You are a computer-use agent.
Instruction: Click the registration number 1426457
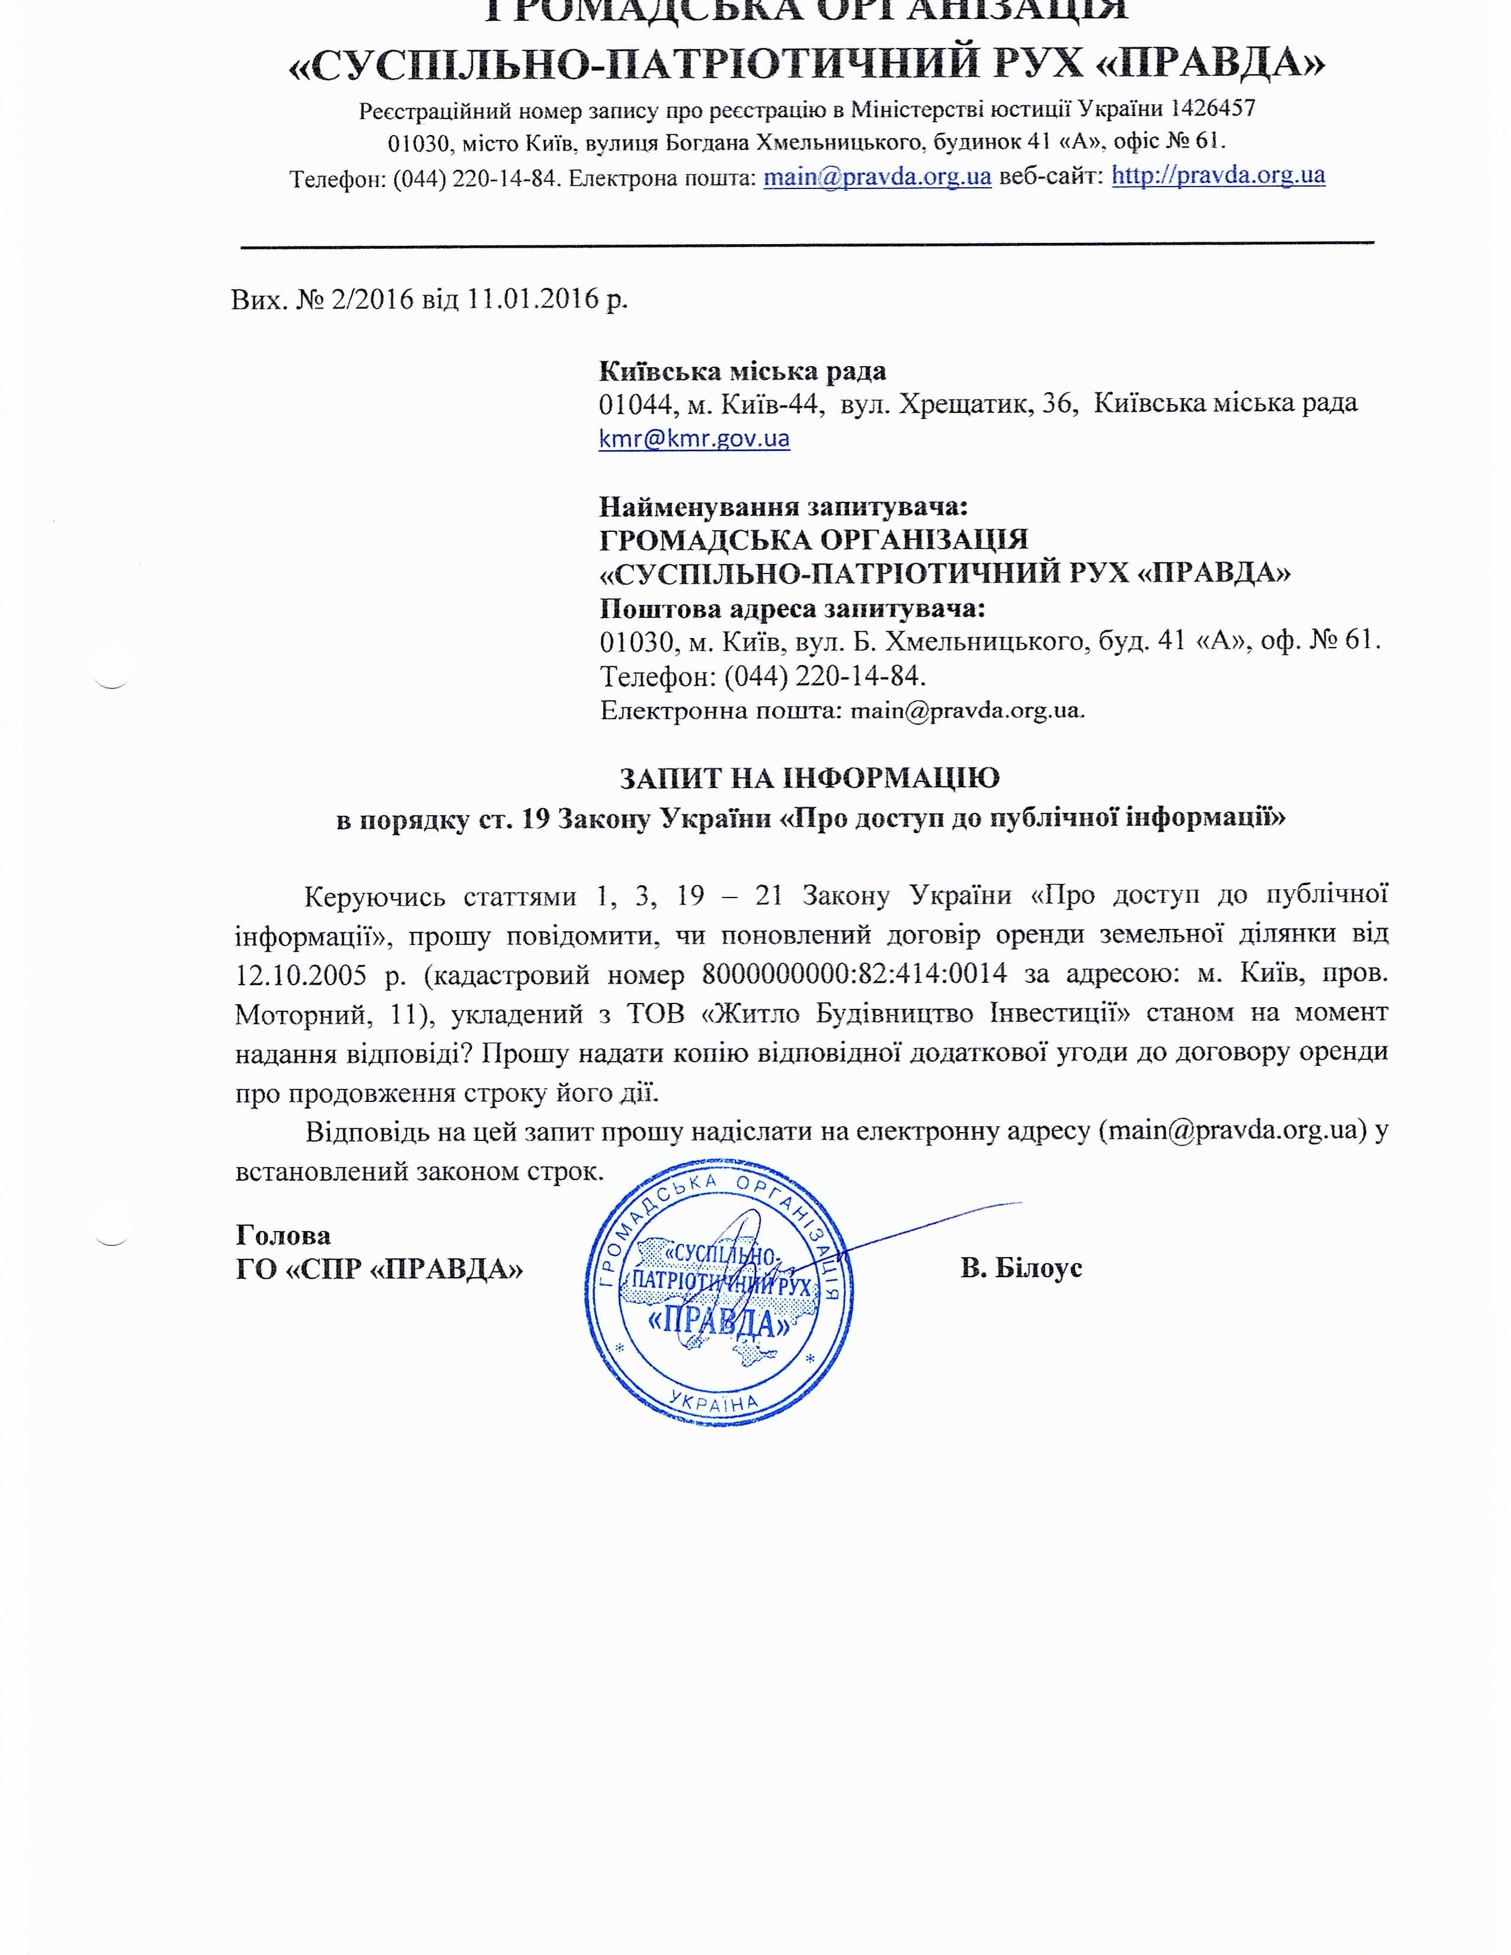(x=1212, y=109)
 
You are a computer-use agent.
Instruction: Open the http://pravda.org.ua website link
(x=1218, y=175)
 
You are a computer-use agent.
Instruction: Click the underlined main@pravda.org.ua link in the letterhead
(x=876, y=177)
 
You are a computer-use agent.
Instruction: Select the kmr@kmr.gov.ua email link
(x=694, y=438)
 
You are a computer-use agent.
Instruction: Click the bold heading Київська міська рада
(x=742, y=371)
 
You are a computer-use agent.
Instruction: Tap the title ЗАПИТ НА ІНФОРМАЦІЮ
(x=809, y=778)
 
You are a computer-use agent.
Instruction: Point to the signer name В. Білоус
(x=1020, y=1268)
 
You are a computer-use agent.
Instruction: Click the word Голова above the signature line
(x=283, y=1235)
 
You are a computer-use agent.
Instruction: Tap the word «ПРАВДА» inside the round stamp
(x=719, y=1321)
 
